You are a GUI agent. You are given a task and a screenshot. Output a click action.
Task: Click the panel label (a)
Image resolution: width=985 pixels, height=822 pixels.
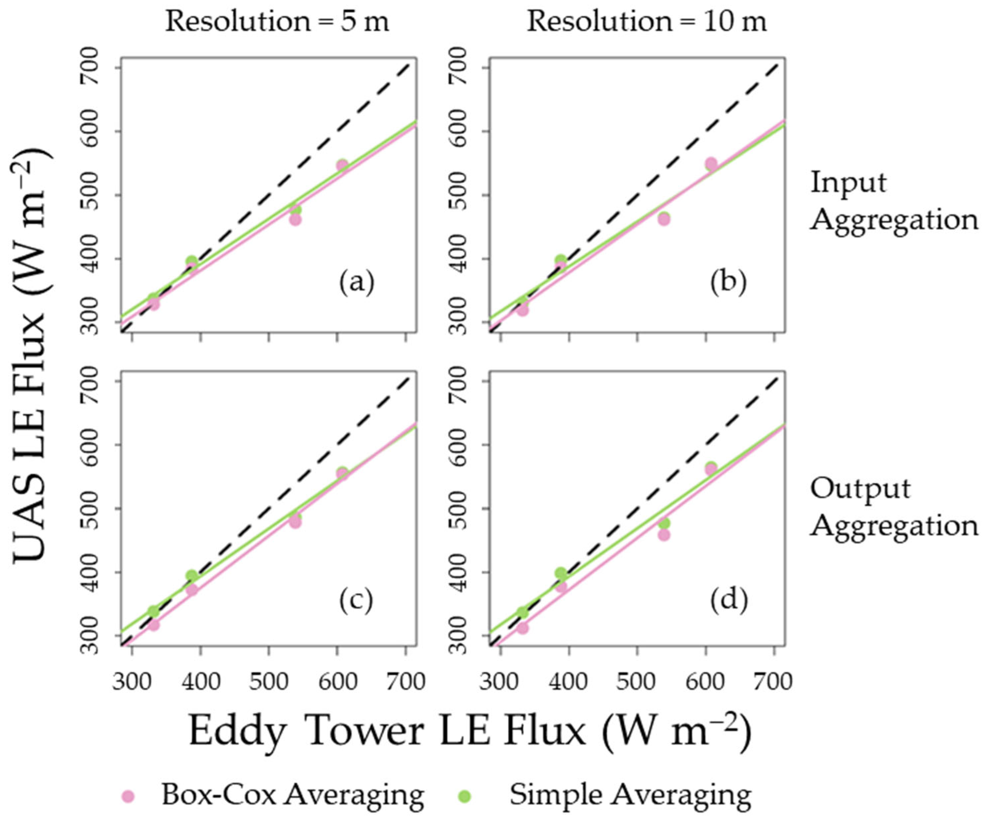coord(356,283)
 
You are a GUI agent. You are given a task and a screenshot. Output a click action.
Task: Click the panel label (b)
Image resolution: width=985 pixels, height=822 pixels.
coord(728,283)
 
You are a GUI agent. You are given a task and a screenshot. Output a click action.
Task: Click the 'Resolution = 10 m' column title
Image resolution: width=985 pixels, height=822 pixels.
coord(647,22)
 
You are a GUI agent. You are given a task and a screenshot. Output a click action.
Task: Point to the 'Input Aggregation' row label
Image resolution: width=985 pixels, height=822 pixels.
coord(894,201)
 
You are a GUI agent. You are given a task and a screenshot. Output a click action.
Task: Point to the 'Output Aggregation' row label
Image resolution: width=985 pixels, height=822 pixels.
coord(894,507)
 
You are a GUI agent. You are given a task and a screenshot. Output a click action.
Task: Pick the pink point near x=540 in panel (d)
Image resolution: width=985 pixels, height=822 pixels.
coord(664,535)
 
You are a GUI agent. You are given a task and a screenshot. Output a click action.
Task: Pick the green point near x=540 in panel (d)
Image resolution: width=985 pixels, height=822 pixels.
coord(664,523)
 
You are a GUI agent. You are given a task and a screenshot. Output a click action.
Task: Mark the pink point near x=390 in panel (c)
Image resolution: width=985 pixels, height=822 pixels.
coord(191,590)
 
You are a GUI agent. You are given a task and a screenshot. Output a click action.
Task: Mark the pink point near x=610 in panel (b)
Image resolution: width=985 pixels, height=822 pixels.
coord(711,163)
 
